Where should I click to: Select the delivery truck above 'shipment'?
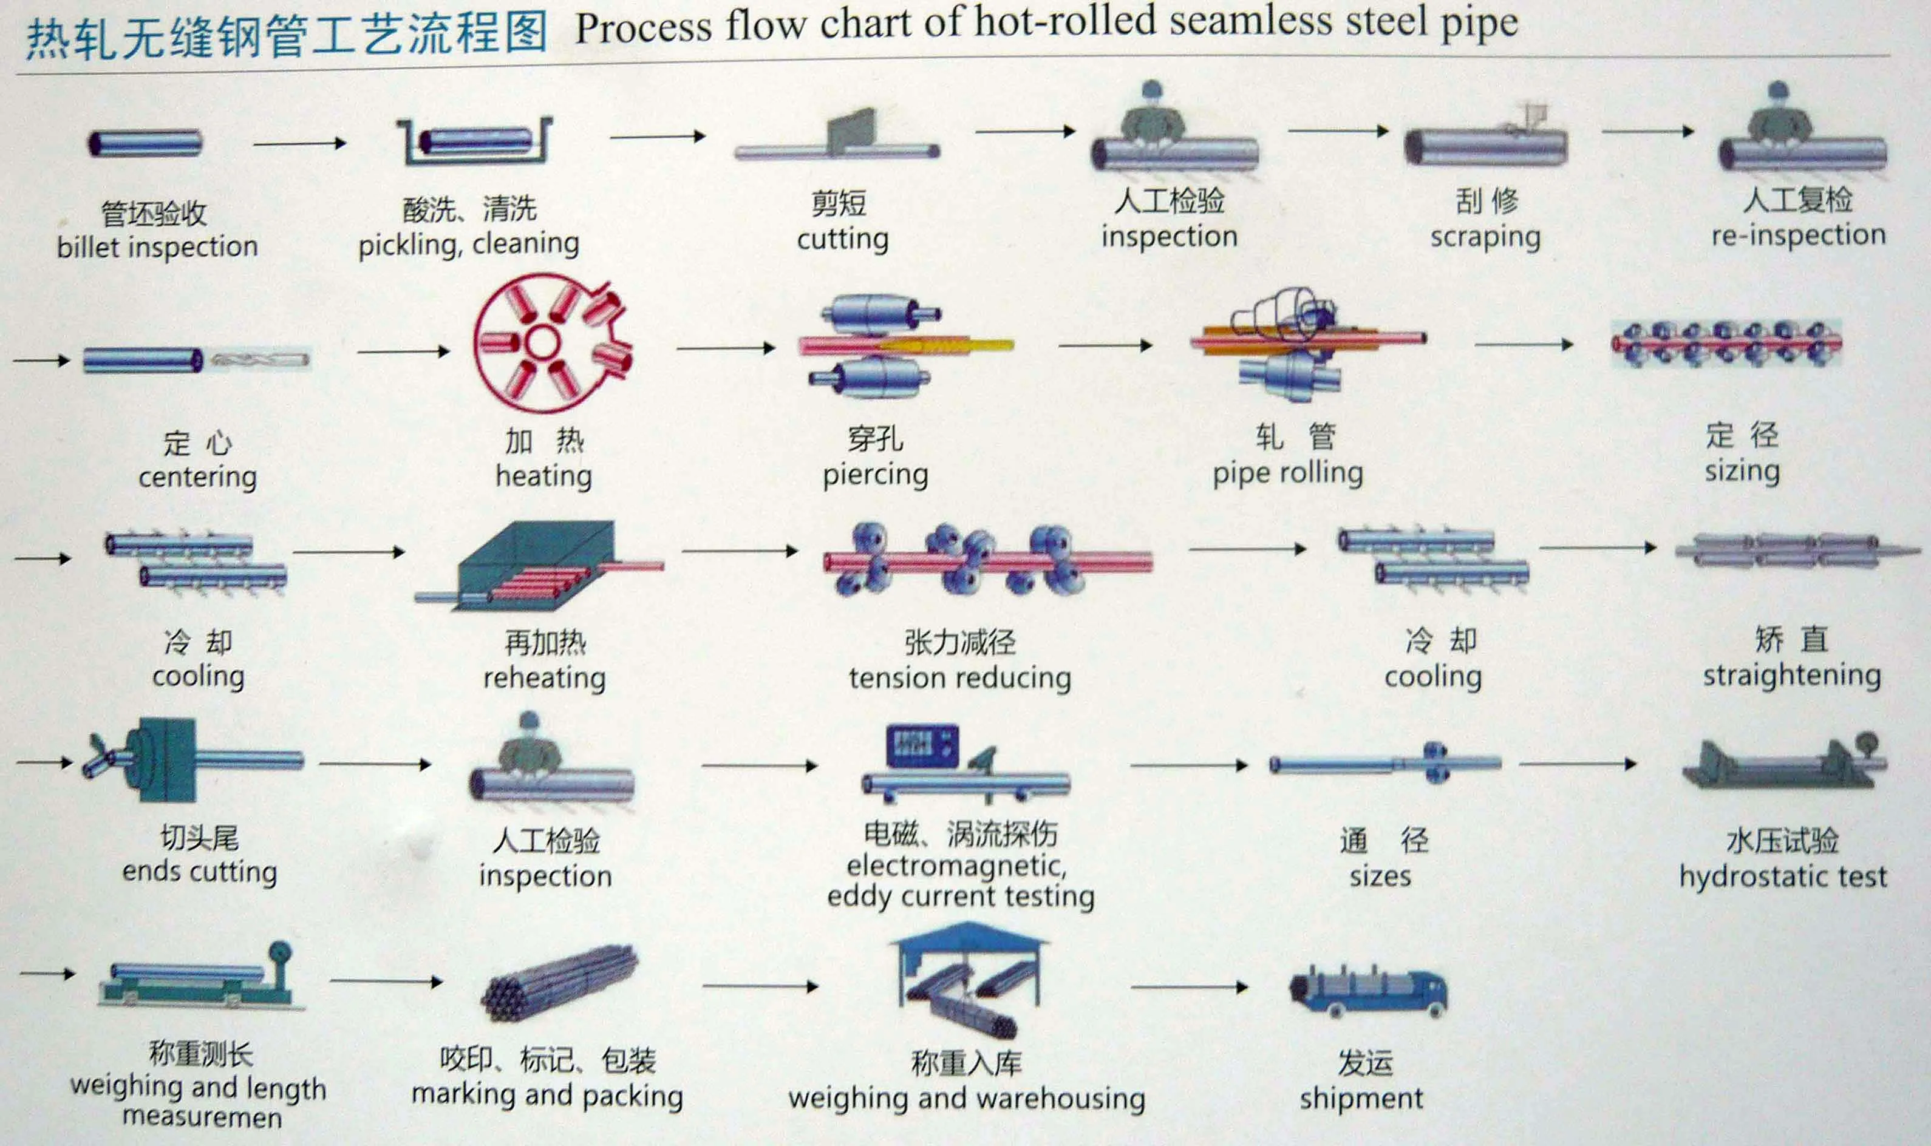[x=1368, y=992]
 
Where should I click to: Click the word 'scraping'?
[x=1485, y=238]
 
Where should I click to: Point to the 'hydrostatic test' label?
[x=1783, y=877]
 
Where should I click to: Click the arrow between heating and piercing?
[x=725, y=348]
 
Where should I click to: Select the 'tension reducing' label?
[x=960, y=679]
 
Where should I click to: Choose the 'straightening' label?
[x=1792, y=676]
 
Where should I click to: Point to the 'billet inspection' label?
[x=157, y=247]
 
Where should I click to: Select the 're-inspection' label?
[x=1798, y=235]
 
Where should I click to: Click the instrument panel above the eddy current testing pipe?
[x=922, y=745]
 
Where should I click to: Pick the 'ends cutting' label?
[x=199, y=871]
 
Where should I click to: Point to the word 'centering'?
[x=198, y=477]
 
